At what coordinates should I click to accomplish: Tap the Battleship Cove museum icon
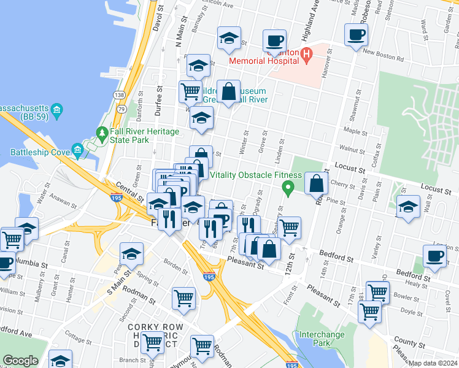77,150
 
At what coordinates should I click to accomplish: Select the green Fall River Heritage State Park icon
102,133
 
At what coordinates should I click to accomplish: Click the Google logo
20,361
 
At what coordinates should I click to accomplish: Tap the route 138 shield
119,95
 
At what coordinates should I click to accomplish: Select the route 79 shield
121,109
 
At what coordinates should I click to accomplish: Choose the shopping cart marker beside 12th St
289,227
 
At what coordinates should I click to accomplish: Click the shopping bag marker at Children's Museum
228,91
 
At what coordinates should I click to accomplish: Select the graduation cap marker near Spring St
131,253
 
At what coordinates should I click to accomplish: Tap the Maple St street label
355,131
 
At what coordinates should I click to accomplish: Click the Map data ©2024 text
431,363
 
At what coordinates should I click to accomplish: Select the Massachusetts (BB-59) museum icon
56,111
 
